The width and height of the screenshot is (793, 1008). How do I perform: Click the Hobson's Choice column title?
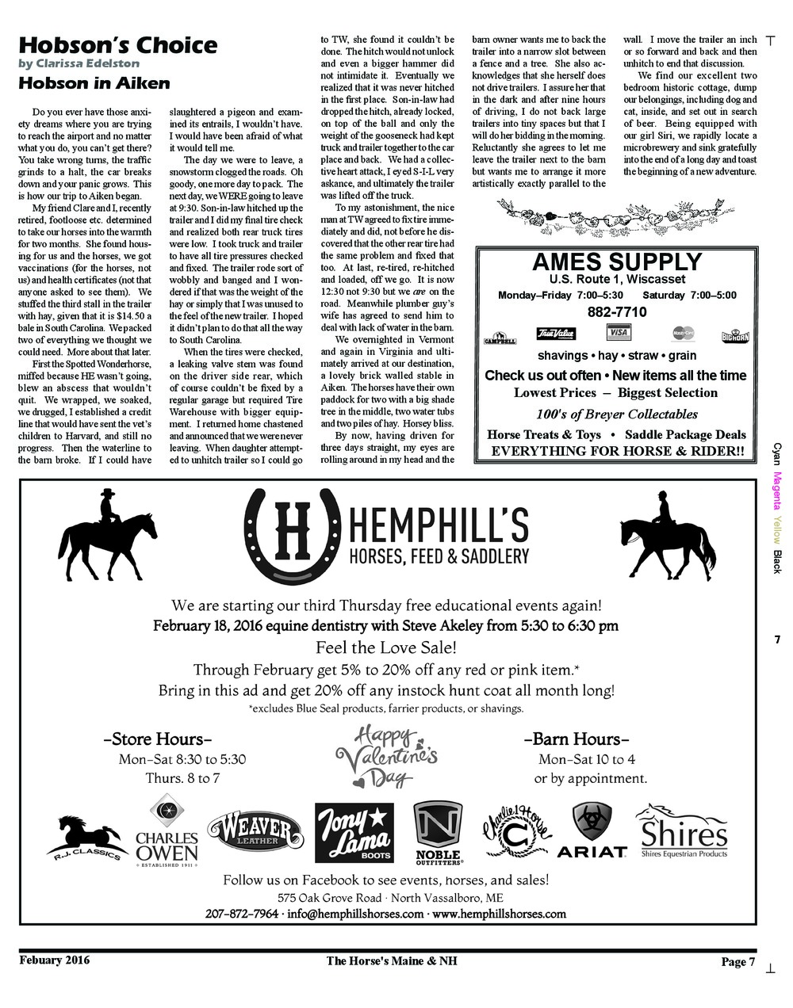click(x=117, y=44)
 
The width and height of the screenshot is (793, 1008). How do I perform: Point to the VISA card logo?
click(x=618, y=332)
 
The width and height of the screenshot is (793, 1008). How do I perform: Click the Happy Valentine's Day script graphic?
click(x=386, y=757)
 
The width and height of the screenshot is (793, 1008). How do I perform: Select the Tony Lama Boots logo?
click(x=354, y=833)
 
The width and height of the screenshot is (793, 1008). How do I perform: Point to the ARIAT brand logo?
click(x=592, y=831)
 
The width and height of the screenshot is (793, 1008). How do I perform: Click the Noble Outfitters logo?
click(x=439, y=833)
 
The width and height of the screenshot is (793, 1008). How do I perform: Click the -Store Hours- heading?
click(x=158, y=739)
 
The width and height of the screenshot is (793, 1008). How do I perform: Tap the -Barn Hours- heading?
click(x=577, y=739)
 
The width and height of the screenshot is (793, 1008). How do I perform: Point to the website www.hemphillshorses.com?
click(x=500, y=914)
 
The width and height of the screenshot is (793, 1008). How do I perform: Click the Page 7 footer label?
click(x=737, y=962)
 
